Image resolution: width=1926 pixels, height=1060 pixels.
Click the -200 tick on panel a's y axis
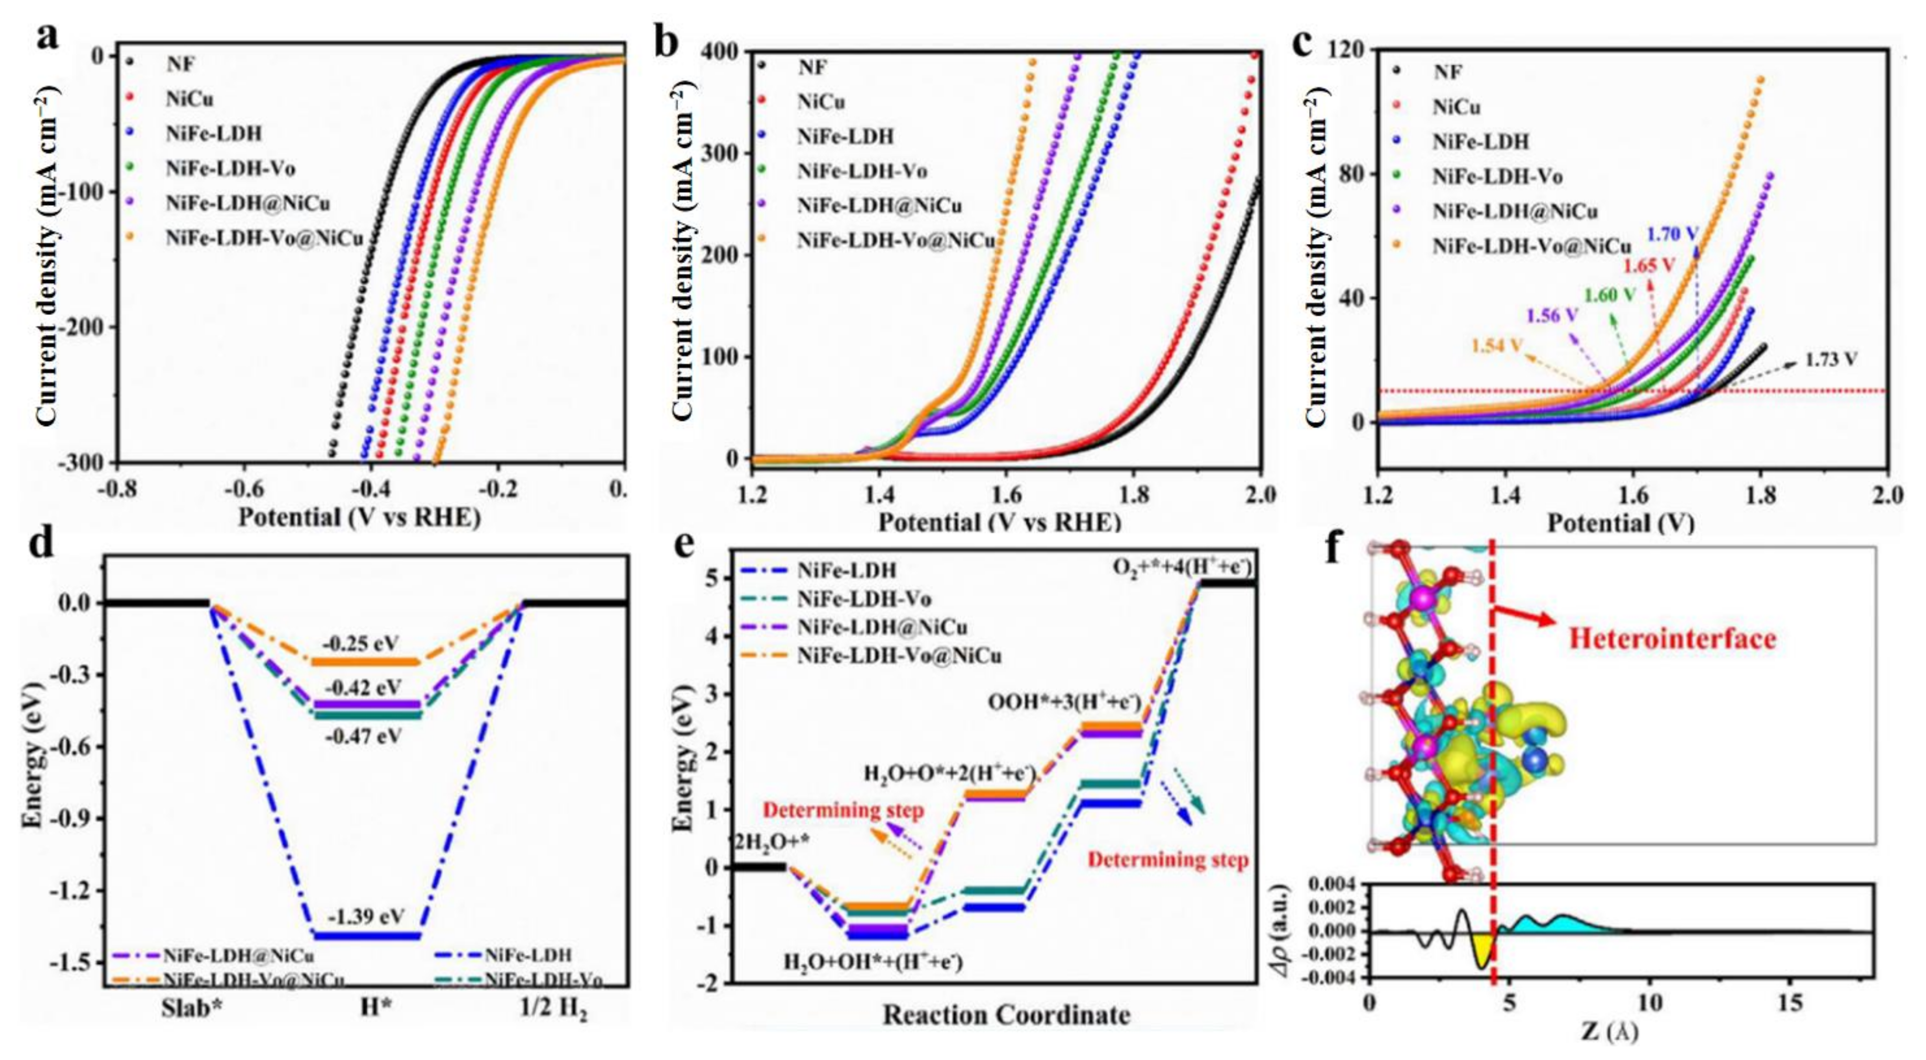point(88,326)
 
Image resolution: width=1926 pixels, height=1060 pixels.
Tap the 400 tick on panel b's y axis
point(719,51)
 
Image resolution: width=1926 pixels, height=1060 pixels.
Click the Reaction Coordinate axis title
point(1006,1015)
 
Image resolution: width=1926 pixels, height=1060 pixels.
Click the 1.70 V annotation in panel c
point(1672,234)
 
